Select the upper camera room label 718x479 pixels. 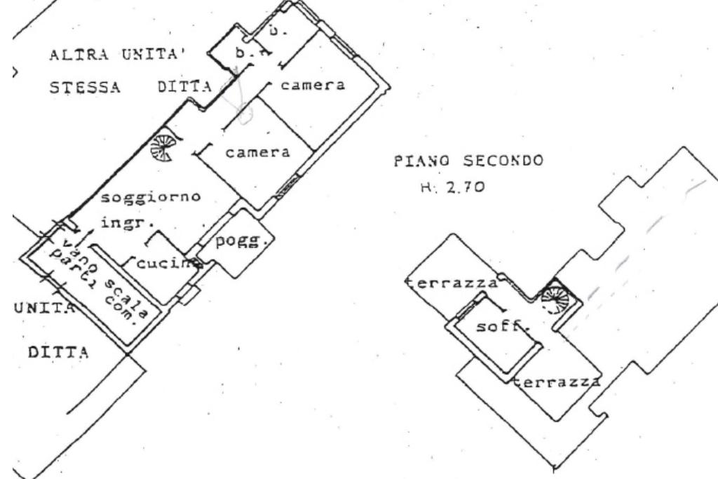pos(312,85)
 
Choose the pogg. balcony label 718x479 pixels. pos(242,242)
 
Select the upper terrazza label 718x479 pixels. pos(453,284)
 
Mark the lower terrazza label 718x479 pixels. pos(557,383)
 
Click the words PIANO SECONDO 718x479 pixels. pos(469,161)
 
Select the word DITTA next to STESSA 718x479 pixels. pos(184,88)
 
